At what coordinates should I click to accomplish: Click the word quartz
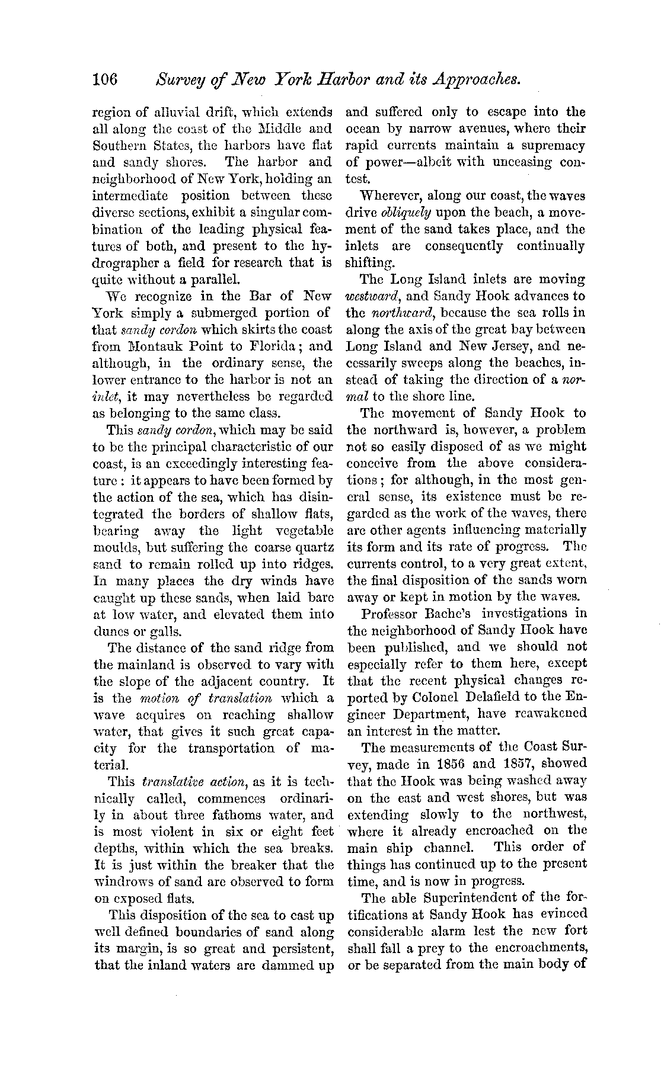(314, 547)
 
